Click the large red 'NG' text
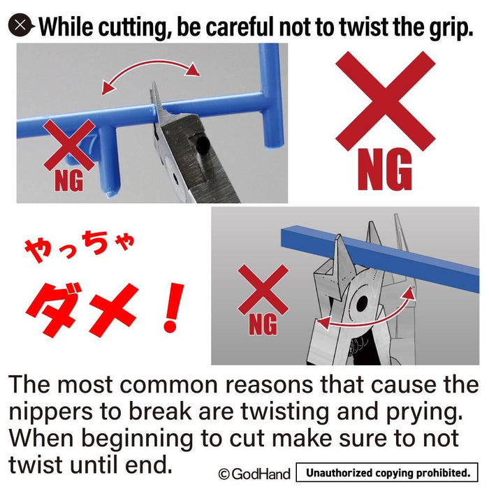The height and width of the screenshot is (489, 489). click(x=384, y=171)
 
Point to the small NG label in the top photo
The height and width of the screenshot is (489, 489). click(x=68, y=181)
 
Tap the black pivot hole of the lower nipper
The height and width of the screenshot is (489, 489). click(x=363, y=302)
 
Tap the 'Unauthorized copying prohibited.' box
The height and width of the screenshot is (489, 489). click(x=388, y=473)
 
